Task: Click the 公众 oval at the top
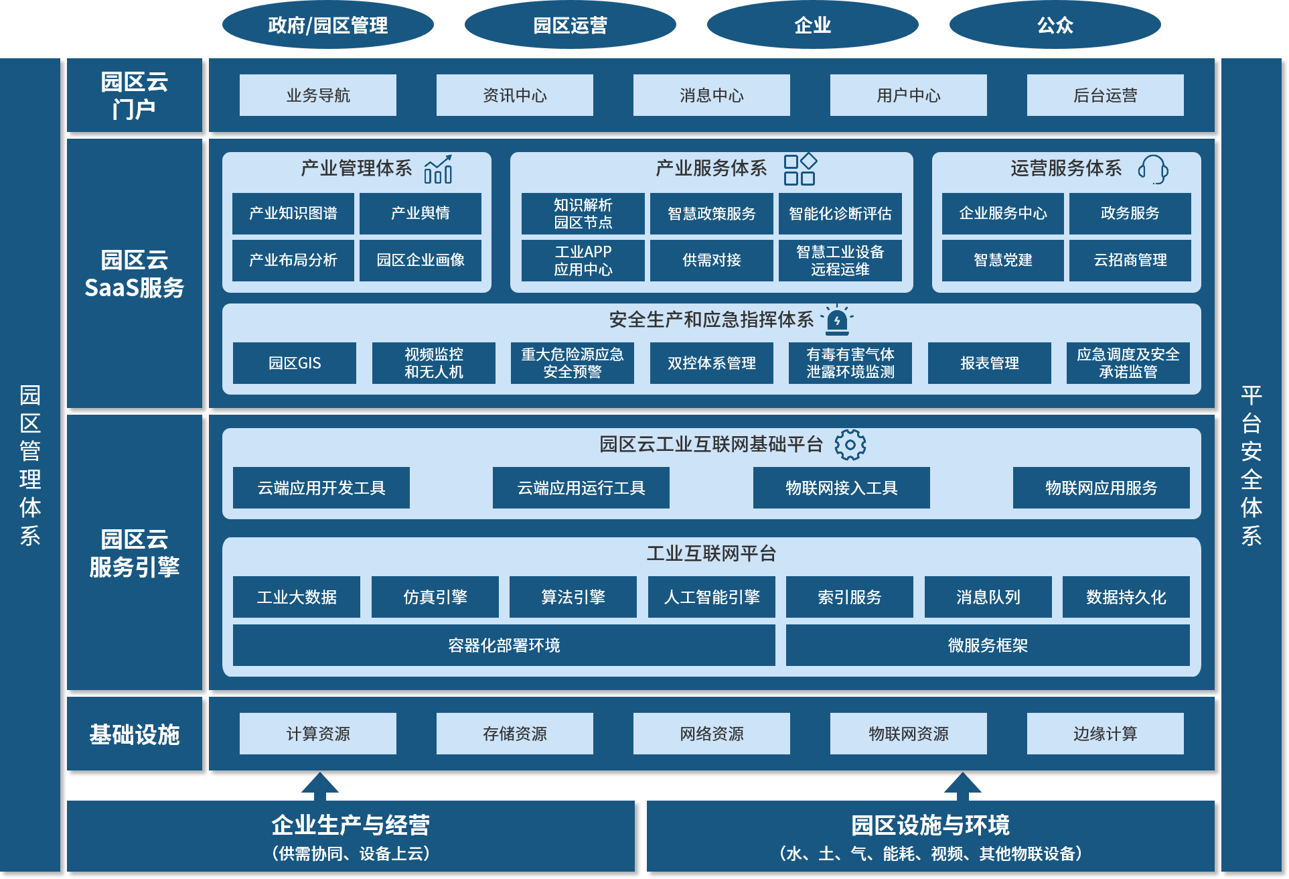click(1055, 25)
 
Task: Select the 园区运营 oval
click(570, 25)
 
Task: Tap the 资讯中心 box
click(514, 95)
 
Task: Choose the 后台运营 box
click(1105, 95)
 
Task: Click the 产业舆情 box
click(420, 213)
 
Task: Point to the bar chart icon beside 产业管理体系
click(438, 170)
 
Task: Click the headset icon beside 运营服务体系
click(1152, 170)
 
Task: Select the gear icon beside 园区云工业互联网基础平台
click(850, 445)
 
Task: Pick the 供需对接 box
click(711, 260)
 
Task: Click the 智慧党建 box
click(1002, 260)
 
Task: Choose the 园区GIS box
click(294, 363)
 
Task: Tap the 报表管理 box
click(989, 363)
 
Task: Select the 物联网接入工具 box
click(841, 488)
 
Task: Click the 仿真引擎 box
click(435, 597)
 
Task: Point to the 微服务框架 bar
click(987, 645)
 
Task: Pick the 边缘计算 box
click(1105, 734)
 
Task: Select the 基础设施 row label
click(134, 734)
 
